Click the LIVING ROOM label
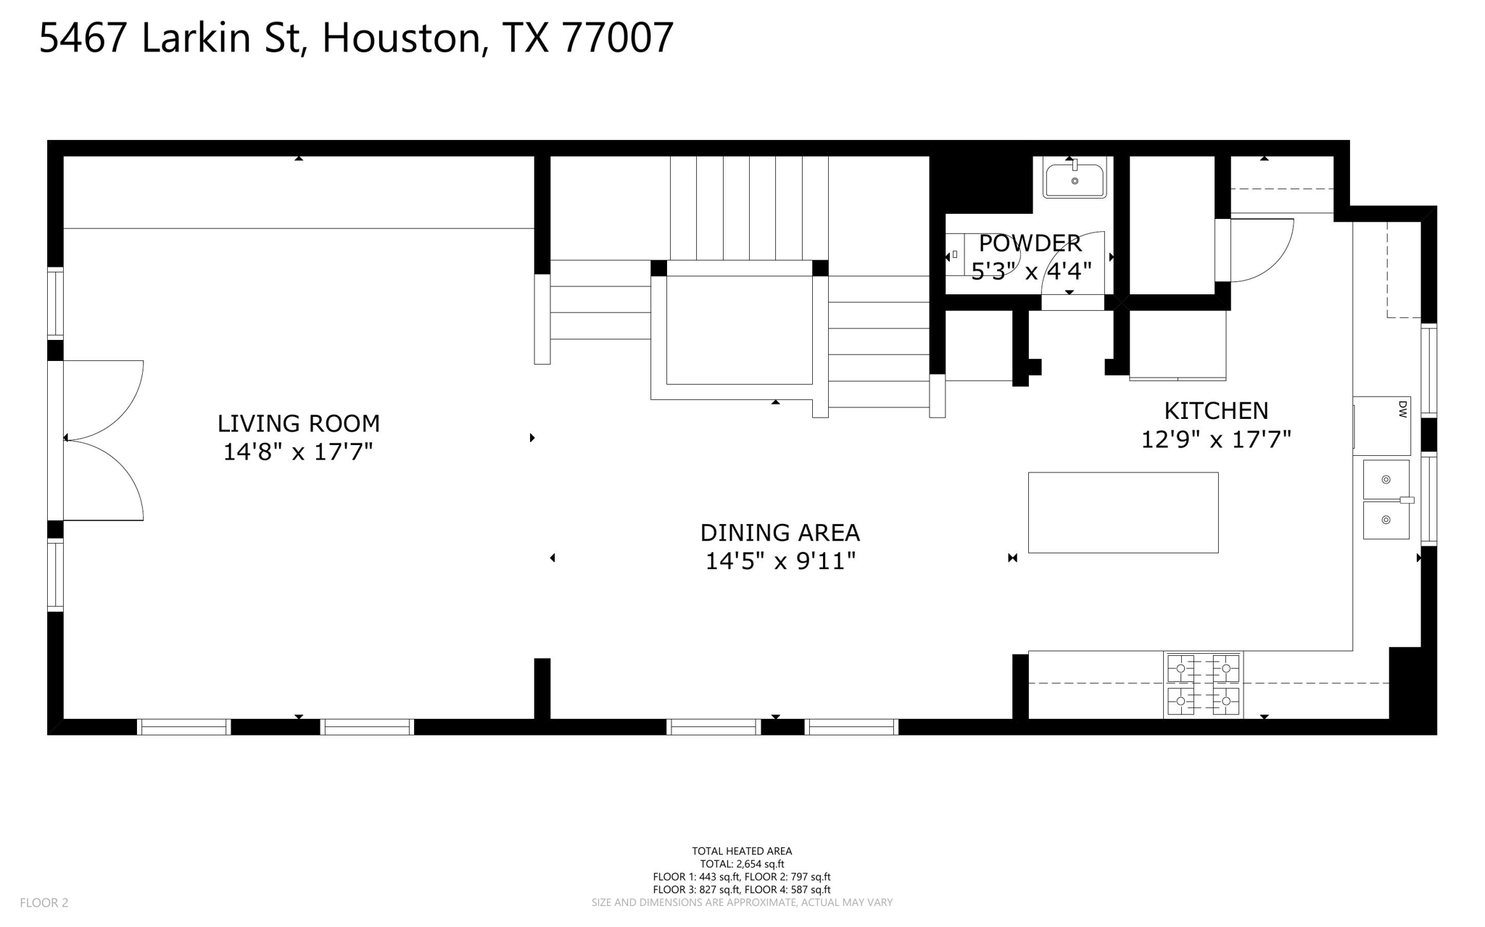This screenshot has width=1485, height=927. point(298,423)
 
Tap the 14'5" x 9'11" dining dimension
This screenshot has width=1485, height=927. point(780,561)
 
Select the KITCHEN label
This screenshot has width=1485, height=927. point(1216,411)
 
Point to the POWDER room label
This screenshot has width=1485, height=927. point(1030,243)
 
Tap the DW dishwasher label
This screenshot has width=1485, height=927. point(1402,410)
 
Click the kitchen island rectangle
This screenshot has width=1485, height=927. point(1122,512)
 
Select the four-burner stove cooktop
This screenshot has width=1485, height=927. point(1203,685)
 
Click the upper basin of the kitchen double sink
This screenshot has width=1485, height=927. point(1386,479)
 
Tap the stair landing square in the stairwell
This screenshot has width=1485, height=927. point(739,330)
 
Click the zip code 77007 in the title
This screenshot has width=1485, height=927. point(618,38)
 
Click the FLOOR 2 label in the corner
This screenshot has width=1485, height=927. point(44,902)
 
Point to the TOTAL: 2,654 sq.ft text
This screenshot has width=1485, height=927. point(742,864)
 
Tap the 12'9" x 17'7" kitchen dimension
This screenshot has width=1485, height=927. point(1216,440)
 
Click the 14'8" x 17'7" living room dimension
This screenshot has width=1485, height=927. point(298,452)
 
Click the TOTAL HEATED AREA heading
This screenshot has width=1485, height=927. point(742,851)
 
